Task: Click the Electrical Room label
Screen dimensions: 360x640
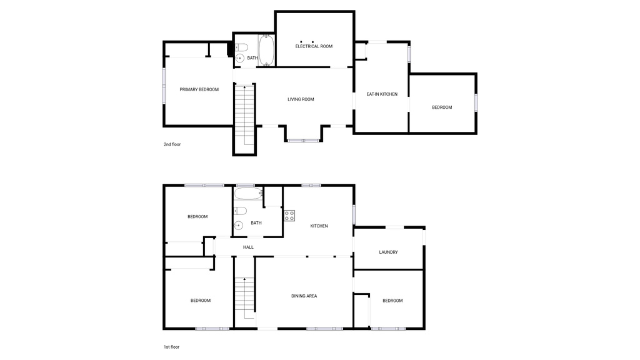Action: (314, 46)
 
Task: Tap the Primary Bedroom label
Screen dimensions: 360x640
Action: (199, 89)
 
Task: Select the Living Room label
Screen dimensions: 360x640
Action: (301, 99)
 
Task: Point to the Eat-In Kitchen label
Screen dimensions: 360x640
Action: (382, 94)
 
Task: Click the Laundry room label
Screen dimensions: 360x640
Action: (388, 252)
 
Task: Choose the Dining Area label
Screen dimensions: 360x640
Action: (304, 296)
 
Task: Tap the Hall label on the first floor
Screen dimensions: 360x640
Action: (248, 247)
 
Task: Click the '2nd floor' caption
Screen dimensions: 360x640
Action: (172, 144)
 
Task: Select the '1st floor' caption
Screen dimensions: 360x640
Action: (172, 347)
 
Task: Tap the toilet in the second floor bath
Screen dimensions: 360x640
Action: (241, 47)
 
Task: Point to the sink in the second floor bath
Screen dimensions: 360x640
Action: (239, 58)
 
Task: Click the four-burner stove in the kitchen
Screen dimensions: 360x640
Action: (289, 216)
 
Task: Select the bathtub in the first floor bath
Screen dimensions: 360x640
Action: (249, 193)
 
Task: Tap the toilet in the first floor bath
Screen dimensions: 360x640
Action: (241, 211)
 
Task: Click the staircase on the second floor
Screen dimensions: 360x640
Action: (245, 116)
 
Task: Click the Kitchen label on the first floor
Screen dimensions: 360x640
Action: (319, 226)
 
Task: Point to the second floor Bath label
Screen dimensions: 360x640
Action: (252, 58)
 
